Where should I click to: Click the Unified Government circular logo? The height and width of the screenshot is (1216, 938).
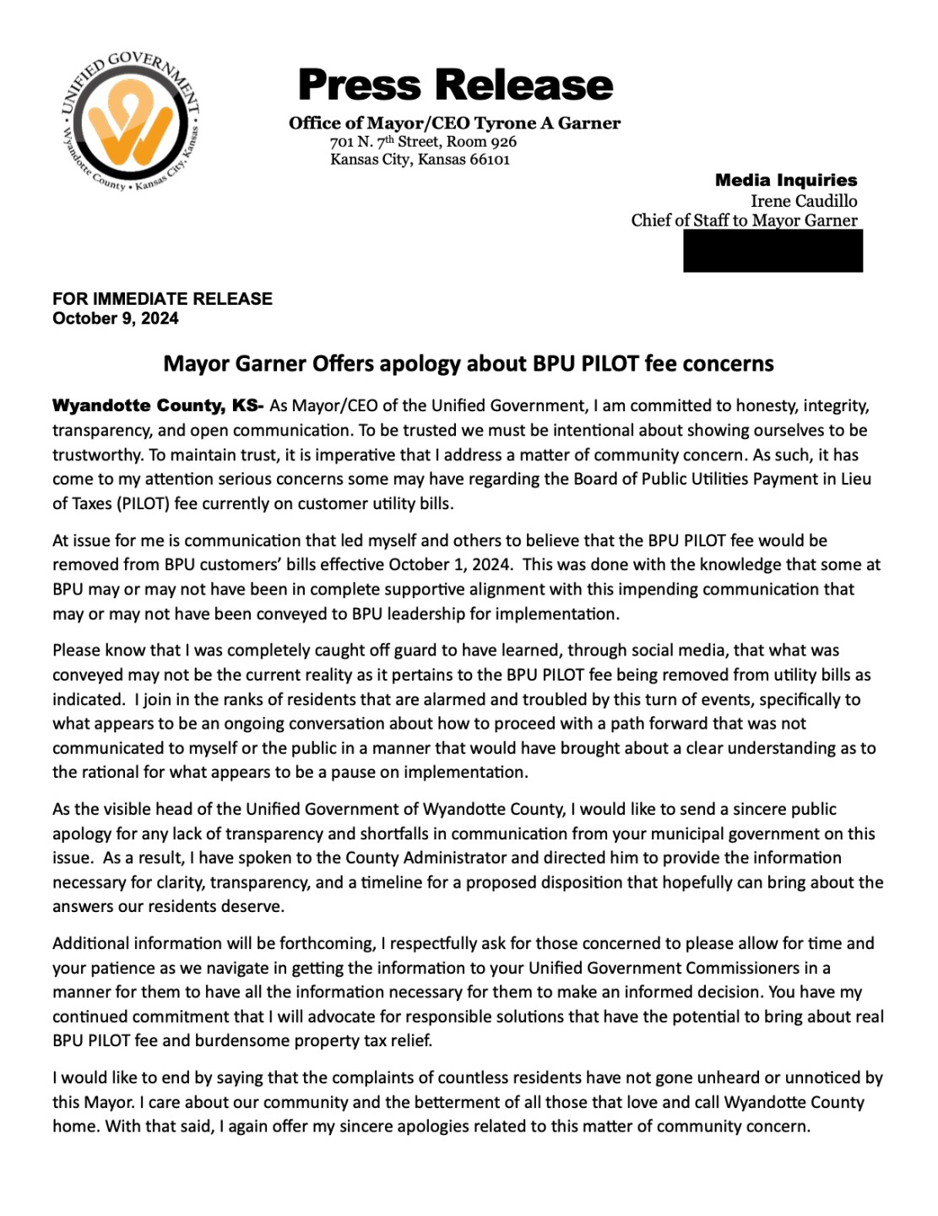click(x=131, y=122)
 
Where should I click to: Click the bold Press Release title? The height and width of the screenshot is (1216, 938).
click(x=455, y=85)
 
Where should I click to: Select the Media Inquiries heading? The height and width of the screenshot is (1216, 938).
click(x=785, y=180)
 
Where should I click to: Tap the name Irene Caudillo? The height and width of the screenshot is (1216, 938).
click(x=804, y=201)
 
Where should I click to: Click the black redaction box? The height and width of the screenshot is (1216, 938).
click(x=773, y=250)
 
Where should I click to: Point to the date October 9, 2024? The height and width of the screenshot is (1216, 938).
click(x=116, y=318)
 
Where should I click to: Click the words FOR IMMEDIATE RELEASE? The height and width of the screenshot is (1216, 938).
click(x=162, y=299)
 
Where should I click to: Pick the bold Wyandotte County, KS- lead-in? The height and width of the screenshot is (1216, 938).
click(x=158, y=406)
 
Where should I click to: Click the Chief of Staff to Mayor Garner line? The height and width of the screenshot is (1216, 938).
click(x=744, y=220)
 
